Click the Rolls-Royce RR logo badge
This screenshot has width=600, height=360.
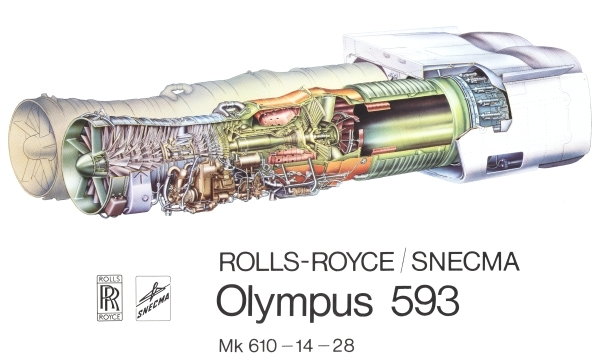tap(110, 297)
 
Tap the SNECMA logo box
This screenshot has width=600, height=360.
tap(153, 298)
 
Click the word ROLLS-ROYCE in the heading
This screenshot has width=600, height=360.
tap(306, 262)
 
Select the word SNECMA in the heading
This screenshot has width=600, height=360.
tap(465, 262)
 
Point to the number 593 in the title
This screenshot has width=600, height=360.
tap(425, 300)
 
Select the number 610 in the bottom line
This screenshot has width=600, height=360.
tap(262, 345)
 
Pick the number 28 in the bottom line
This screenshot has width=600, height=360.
tap(344, 345)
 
